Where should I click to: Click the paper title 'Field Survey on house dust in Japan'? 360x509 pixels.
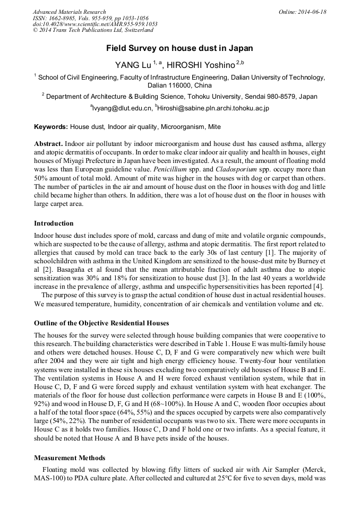click(x=179, y=48)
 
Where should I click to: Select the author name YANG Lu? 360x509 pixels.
click(x=133, y=65)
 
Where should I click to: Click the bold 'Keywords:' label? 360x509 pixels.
click(x=51, y=127)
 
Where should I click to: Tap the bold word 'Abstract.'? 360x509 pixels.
click(x=49, y=144)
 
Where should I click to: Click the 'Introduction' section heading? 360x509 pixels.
click(x=54, y=223)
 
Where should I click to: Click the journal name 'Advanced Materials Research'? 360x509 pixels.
click(x=69, y=12)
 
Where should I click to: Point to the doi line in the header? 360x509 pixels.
click(x=95, y=24)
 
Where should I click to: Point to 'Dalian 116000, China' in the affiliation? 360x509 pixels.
click(x=179, y=85)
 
